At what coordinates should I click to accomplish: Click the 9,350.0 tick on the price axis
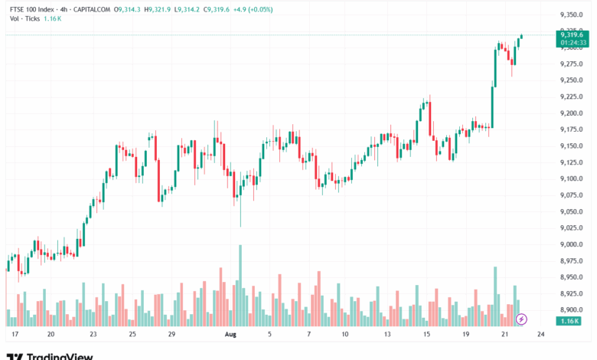click(x=572, y=15)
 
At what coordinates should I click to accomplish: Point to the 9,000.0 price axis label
click(x=572, y=244)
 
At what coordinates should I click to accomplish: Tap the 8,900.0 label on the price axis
click(x=572, y=309)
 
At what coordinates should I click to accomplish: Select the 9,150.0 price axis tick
click(x=572, y=146)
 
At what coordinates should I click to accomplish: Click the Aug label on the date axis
click(x=231, y=335)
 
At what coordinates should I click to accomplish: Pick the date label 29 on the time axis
click(x=173, y=335)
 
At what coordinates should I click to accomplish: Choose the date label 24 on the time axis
click(x=541, y=335)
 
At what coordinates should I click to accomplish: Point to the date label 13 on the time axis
click(x=387, y=335)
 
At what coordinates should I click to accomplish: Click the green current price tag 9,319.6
click(x=572, y=34)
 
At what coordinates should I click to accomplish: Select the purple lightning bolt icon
click(x=521, y=319)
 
